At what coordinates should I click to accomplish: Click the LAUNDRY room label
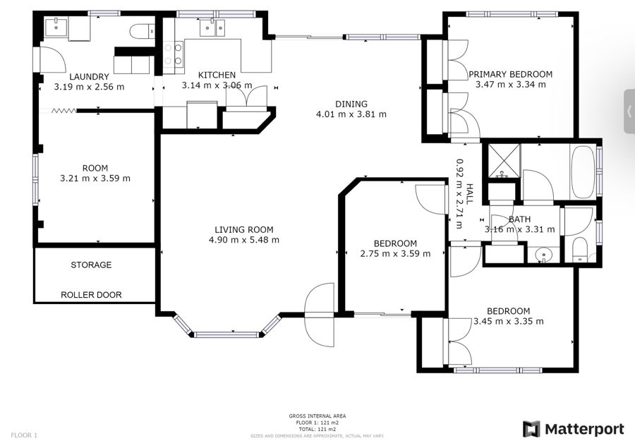[89, 77]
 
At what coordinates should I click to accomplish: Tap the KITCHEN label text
[217, 75]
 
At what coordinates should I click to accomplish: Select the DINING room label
[351, 104]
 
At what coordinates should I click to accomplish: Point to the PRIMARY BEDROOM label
[510, 74]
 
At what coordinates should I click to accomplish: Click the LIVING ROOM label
[244, 230]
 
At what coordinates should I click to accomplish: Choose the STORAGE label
[91, 265]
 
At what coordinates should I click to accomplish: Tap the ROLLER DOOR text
[91, 295]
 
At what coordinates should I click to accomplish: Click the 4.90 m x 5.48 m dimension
[244, 240]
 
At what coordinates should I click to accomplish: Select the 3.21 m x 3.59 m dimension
[95, 178]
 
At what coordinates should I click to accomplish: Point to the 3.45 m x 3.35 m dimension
[508, 321]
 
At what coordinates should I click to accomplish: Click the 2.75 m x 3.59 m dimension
[395, 253]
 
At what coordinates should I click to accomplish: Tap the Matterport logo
[573, 430]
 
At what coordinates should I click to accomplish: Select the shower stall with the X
[504, 161]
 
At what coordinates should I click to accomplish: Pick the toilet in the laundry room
[142, 31]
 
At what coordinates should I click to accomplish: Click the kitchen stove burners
[173, 54]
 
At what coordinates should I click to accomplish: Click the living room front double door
[320, 315]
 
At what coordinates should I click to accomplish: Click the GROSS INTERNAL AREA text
[317, 416]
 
